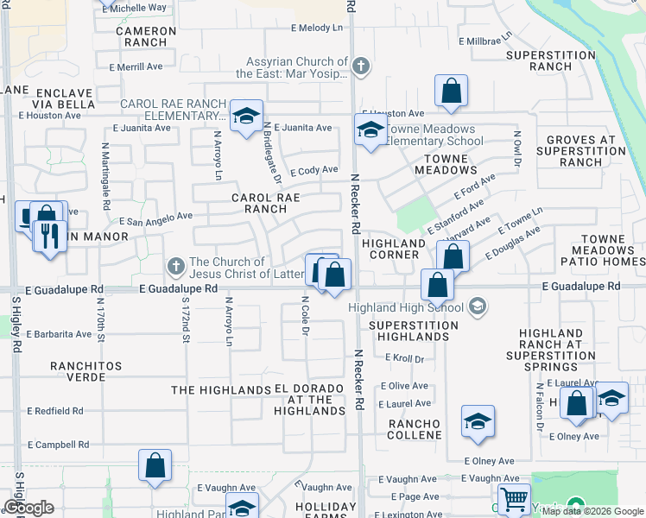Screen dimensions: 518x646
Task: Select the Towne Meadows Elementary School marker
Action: (370, 131)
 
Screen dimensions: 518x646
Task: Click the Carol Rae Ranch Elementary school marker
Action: (246, 116)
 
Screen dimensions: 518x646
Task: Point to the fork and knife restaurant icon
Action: (49, 234)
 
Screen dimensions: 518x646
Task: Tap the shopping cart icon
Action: (514, 499)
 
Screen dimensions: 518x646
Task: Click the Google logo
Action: (28, 508)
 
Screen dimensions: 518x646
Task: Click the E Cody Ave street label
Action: (313, 170)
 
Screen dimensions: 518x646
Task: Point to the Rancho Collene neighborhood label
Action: (415, 429)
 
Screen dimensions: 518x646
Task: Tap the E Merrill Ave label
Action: (136, 66)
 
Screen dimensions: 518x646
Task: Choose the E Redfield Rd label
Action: (55, 412)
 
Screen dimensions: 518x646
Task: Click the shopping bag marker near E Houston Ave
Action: (451, 91)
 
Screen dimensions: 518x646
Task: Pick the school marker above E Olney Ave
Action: (477, 422)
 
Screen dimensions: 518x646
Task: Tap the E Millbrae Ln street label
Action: (485, 41)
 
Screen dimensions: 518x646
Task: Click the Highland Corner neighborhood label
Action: (393, 249)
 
